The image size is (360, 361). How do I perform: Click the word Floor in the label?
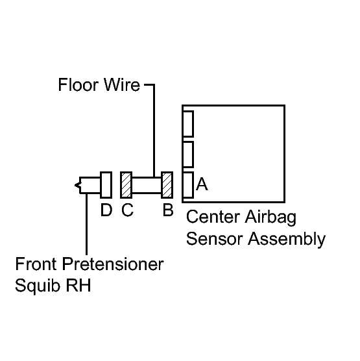click(78, 84)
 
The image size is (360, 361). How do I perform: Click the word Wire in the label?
click(122, 84)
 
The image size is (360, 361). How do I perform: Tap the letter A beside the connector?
click(202, 184)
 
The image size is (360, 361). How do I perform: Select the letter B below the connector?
click(168, 210)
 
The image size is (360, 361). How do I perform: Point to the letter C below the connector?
click(127, 210)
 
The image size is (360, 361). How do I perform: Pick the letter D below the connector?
click(106, 210)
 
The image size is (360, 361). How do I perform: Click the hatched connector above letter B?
click(167, 185)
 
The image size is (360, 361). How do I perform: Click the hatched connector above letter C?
click(126, 185)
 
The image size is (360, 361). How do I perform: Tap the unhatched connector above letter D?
click(106, 185)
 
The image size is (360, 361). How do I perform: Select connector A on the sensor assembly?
click(188, 185)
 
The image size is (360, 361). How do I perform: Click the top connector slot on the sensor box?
click(188, 124)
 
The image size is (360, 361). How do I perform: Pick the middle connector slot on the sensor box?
click(188, 155)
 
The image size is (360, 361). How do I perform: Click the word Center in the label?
click(213, 217)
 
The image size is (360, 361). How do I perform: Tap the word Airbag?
click(270, 218)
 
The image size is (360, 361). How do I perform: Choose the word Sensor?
click(215, 239)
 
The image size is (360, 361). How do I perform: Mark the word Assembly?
click(287, 240)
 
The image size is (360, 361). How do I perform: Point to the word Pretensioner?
click(113, 264)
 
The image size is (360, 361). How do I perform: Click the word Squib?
click(38, 286)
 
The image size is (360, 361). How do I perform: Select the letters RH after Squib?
click(78, 286)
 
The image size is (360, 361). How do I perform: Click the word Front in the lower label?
click(36, 264)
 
